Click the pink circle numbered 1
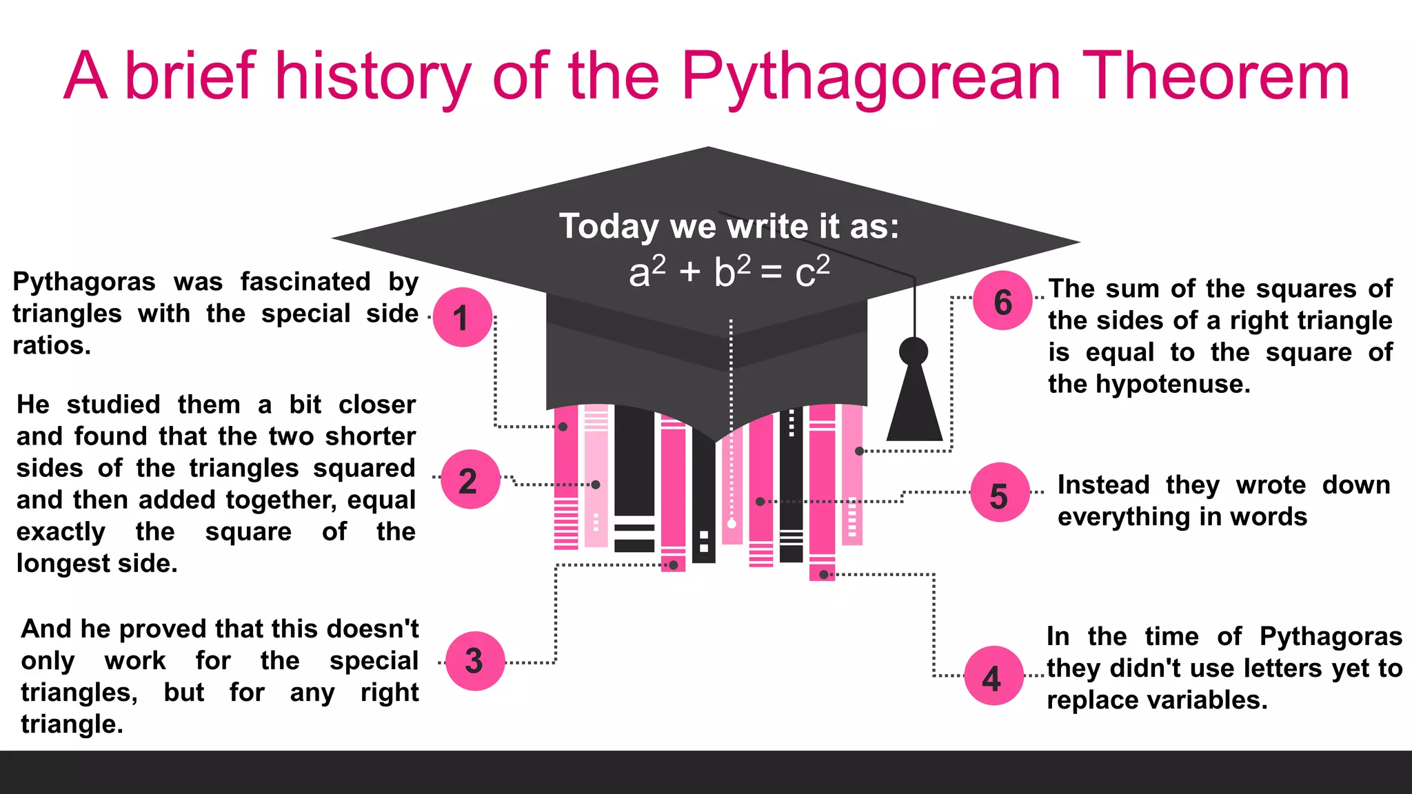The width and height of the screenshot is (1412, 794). pos(462,317)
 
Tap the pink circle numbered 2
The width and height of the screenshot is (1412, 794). pos(470,480)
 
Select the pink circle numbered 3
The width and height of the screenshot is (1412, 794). pos(475,661)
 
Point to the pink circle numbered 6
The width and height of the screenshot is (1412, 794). pos(1002,301)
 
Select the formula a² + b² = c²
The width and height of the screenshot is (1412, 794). pos(729,272)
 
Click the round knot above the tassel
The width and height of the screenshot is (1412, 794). pos(914,352)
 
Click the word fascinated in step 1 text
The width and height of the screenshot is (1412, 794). pos(305,282)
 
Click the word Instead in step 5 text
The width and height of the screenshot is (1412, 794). pos(1103,485)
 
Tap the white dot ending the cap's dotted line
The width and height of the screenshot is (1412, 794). pos(732,524)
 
